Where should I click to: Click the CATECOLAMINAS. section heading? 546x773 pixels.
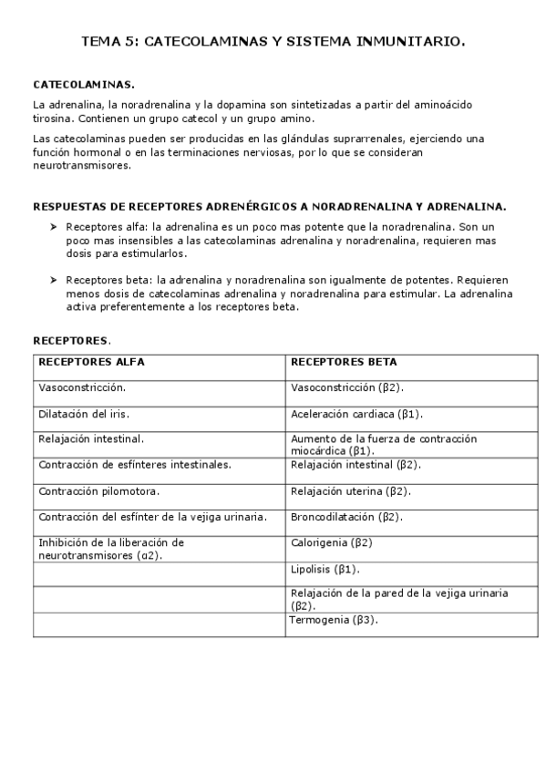click(84, 85)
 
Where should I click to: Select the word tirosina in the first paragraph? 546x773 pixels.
click(54, 119)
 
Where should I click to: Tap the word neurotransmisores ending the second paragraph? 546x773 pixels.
click(82, 166)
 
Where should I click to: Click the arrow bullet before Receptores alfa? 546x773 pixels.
click(54, 225)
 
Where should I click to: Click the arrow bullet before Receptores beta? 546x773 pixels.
click(54, 280)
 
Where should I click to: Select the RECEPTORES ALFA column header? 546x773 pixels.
click(91, 362)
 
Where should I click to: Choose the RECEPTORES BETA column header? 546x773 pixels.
click(344, 362)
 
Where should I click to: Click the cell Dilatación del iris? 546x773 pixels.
click(84, 413)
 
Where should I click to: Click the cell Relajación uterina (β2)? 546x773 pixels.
click(350, 490)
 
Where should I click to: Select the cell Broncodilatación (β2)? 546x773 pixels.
click(346, 517)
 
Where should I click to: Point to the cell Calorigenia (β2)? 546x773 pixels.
click(332, 542)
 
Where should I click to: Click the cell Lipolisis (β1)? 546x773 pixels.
click(325, 569)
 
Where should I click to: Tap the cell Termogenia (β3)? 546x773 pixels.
click(334, 620)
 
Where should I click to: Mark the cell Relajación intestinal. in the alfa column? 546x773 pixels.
click(91, 438)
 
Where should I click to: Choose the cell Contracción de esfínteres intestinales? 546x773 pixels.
click(135, 464)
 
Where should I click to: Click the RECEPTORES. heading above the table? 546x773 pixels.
click(72, 341)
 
